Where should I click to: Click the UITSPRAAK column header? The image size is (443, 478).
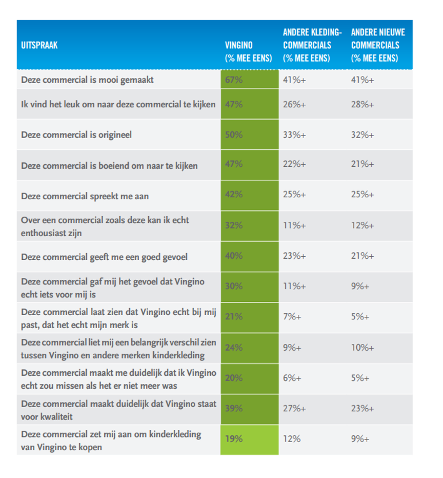[39, 45]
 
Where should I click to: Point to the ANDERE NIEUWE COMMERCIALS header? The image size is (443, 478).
[378, 45]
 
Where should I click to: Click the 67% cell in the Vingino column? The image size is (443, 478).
[234, 80]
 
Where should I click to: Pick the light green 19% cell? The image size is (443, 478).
[234, 439]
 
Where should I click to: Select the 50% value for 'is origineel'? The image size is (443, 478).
[234, 135]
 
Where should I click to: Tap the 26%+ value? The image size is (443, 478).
[294, 105]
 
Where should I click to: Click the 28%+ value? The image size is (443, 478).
[363, 105]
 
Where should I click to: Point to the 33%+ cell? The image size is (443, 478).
[294, 135]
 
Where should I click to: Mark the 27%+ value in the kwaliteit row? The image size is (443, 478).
[294, 409]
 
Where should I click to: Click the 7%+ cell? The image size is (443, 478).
[292, 317]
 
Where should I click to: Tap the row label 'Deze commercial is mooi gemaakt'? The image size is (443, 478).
[87, 80]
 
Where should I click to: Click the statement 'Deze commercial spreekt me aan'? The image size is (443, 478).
[85, 196]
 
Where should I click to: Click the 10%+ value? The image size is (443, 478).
[363, 348]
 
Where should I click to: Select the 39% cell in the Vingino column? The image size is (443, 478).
[234, 409]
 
